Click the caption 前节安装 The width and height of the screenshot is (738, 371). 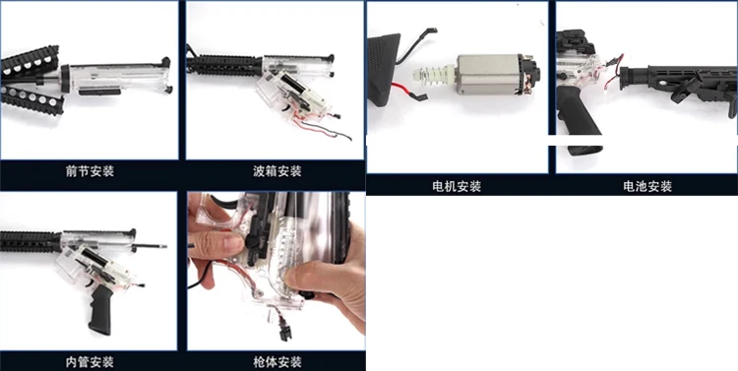coord(90,171)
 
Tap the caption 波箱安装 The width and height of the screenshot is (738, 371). coord(277,171)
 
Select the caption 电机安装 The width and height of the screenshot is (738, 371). coord(457,186)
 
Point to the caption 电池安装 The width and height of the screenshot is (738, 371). coord(647,186)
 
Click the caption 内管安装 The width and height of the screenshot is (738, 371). coord(90,362)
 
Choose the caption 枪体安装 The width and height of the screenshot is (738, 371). coord(277,362)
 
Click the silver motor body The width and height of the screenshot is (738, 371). coord(488,75)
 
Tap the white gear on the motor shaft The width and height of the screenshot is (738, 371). coord(431,76)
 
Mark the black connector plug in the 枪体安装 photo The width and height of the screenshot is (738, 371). coord(285,328)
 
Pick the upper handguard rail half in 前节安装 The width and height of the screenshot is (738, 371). coord(30,61)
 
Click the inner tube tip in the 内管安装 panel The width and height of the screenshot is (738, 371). coord(162,246)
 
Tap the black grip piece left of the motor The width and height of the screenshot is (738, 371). coord(384,70)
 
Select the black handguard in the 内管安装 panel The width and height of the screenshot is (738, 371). coord(31,241)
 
